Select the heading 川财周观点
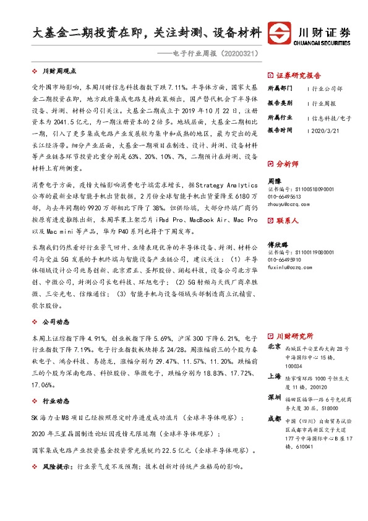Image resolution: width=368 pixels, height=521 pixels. point(59,71)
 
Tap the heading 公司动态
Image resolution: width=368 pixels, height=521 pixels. point(56,322)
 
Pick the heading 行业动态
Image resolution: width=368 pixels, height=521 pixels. point(56,402)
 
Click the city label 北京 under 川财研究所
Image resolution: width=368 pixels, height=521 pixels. point(275,348)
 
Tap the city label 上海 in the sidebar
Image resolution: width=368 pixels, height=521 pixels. point(275,376)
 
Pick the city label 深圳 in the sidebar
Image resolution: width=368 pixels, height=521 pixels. point(275,397)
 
